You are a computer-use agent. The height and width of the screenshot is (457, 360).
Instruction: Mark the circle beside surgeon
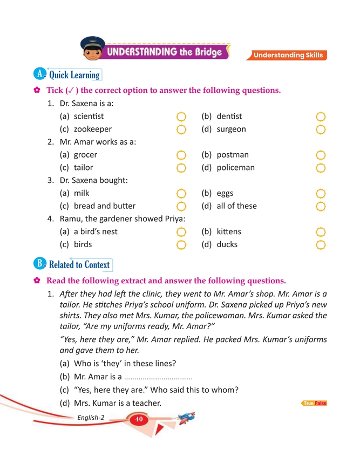pos(321,129)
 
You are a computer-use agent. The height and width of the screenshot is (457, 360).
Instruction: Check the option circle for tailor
pos(181,168)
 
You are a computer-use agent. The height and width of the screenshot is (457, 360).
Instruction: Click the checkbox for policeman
pos(321,168)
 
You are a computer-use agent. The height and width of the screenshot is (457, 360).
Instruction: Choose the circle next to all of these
pos(321,206)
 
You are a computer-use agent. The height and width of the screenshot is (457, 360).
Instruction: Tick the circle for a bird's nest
pos(181,232)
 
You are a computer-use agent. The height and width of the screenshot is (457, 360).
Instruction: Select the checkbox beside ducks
pos(321,245)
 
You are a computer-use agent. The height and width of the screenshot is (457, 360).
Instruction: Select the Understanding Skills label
pos(288,55)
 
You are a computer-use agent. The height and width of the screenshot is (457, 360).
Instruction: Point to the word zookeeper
pos(93,129)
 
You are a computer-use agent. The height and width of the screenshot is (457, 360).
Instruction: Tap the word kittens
pos(229,232)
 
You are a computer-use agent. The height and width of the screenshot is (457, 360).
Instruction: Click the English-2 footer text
pos(91,418)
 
